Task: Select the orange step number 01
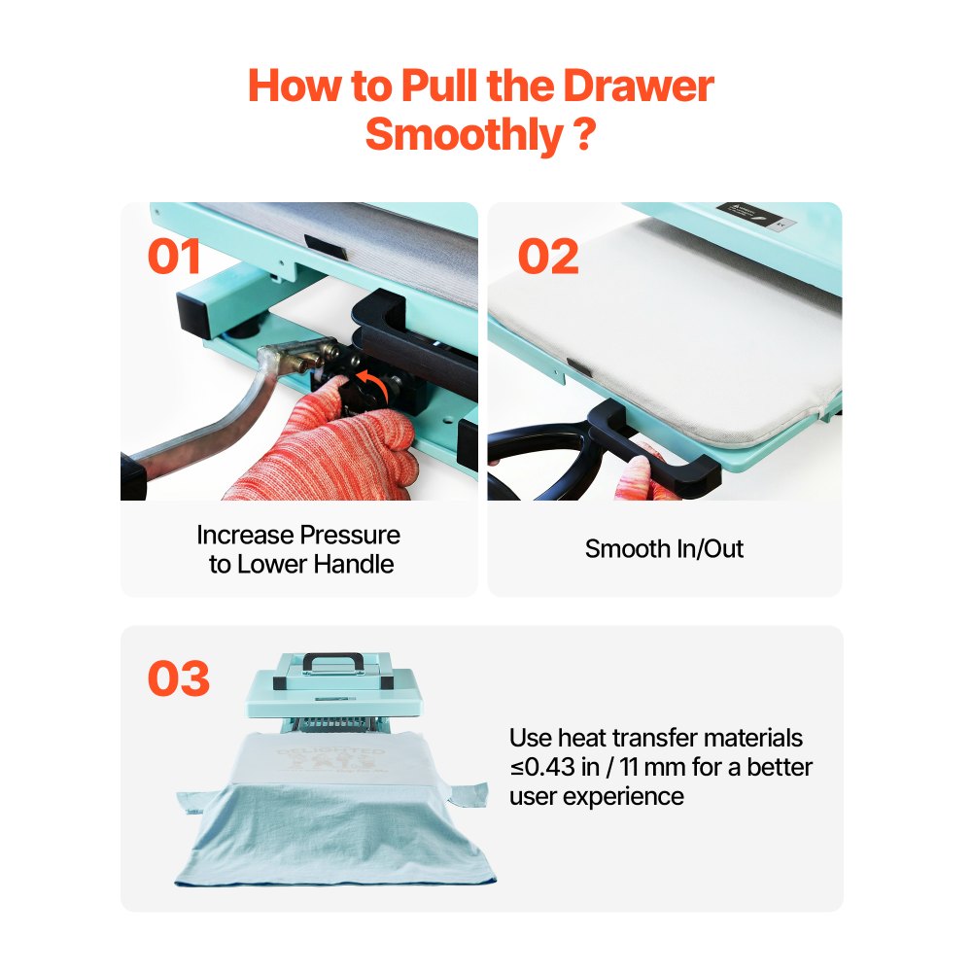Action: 174,256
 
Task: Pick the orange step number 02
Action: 547,256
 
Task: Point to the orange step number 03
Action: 179,678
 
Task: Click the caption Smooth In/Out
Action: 664,549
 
